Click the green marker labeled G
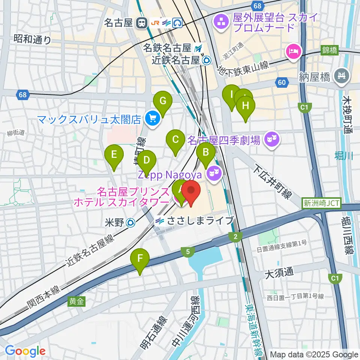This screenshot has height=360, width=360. pyautogui.click(x=163, y=101)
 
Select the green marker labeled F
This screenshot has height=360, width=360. pyautogui.click(x=140, y=259)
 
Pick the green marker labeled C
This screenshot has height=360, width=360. pyautogui.click(x=175, y=140)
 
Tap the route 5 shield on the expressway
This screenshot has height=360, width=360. pyautogui.click(x=187, y=252)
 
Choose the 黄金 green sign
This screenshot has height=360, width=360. pyautogui.click(x=76, y=301)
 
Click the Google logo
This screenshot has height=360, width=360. pyautogui.click(x=25, y=351)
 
